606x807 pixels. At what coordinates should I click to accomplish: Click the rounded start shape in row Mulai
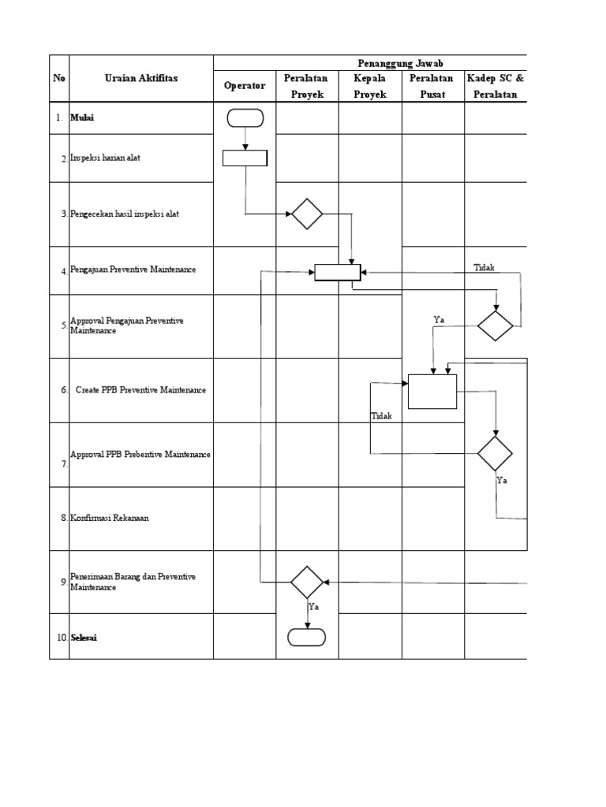245,118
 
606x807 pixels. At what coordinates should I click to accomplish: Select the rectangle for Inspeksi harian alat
245,158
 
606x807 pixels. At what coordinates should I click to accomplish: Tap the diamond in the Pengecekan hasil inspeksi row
307,214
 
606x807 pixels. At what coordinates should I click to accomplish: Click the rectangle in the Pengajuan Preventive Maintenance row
338,272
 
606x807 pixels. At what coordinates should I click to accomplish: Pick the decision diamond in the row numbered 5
495,325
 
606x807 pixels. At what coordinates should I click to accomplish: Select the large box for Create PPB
432,391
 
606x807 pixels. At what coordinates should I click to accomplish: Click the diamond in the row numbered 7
495,454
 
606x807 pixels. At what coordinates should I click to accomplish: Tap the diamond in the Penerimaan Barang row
307,582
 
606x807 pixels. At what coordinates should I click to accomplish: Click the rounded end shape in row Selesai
307,637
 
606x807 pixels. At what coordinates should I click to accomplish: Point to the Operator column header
245,86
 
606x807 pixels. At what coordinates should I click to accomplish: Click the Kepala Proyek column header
369,86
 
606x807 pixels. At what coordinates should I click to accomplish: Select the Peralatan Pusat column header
432,86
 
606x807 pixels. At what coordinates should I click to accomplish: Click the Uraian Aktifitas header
141,77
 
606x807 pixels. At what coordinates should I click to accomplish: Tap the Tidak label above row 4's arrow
484,268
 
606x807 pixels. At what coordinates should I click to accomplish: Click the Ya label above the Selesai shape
313,607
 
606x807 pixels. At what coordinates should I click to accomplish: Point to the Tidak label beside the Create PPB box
381,416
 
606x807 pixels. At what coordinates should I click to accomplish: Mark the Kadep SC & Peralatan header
496,86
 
